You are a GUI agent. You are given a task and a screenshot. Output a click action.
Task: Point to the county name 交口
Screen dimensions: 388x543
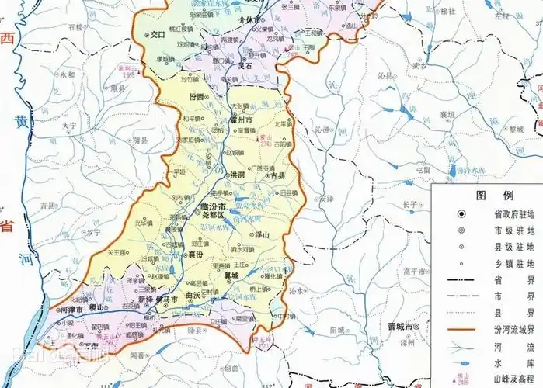[158, 35]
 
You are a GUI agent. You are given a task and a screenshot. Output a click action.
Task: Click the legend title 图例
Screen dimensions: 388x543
[484, 194]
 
